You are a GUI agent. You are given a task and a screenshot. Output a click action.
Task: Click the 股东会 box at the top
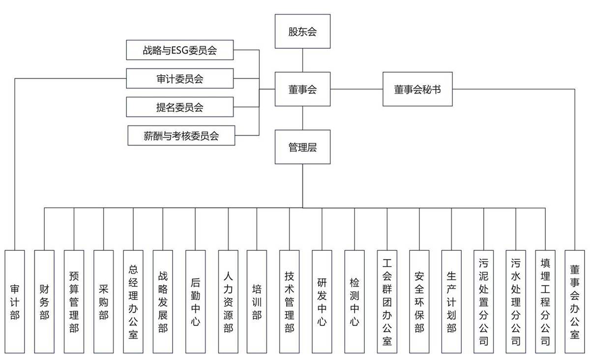point(302,31)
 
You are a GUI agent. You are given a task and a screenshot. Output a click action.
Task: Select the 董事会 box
point(302,89)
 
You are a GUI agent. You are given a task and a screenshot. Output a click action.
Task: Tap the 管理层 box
point(302,147)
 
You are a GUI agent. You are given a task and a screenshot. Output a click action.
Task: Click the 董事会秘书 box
point(417,89)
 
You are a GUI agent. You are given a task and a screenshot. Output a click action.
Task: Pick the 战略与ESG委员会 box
point(179,50)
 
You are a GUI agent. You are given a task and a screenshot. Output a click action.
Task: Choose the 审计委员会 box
point(179,78)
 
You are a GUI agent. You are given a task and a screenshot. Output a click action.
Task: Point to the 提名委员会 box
point(179,107)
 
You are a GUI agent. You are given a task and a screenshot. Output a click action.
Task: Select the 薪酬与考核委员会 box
point(181,135)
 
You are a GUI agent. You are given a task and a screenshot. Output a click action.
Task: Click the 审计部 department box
point(15,301)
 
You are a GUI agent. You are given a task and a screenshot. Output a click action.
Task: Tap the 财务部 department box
point(44,301)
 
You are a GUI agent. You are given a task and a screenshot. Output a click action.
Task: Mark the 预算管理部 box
point(74,301)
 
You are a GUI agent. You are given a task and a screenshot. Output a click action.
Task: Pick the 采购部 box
point(103,301)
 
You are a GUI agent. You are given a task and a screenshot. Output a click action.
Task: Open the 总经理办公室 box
point(133,301)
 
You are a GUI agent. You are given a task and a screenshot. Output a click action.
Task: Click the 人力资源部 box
point(228,301)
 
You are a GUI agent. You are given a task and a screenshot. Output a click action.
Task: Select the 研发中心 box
point(322,301)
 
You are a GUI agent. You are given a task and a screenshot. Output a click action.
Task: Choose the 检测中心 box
point(354,301)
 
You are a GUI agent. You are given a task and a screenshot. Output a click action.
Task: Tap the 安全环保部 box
point(419,301)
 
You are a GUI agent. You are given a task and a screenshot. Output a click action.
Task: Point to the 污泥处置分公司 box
point(484,301)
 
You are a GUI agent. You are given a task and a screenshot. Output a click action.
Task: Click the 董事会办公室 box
point(575,301)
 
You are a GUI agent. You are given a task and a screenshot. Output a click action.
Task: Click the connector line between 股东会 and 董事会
point(302,60)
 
